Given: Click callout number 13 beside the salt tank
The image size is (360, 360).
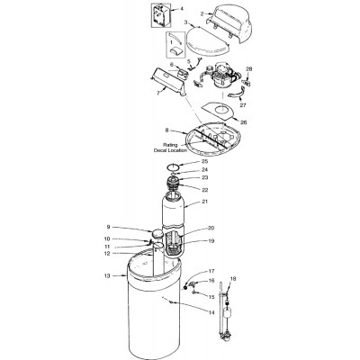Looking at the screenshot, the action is [x=107, y=276].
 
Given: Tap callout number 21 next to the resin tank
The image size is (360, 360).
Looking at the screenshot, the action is [x=205, y=202].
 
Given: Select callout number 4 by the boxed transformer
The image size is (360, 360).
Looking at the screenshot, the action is [x=182, y=8].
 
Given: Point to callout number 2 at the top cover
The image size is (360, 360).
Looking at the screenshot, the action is [x=202, y=13].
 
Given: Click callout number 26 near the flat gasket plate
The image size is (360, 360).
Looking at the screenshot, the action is [x=244, y=122].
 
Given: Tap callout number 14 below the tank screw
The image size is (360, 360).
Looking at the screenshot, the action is [x=211, y=312].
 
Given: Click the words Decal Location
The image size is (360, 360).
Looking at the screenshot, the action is [x=170, y=150].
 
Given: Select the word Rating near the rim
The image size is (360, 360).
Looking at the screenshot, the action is [x=170, y=144].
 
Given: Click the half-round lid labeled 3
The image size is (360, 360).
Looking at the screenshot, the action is [x=208, y=43].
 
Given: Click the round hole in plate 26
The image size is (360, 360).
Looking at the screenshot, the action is [x=222, y=110].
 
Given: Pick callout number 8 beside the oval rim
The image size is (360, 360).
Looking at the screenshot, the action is [x=167, y=130].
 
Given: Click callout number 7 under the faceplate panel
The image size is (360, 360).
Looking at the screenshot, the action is [x=158, y=93].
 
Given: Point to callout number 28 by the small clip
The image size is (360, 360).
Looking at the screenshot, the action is [x=249, y=69].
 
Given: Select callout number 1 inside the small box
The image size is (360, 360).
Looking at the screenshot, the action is [x=172, y=42].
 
